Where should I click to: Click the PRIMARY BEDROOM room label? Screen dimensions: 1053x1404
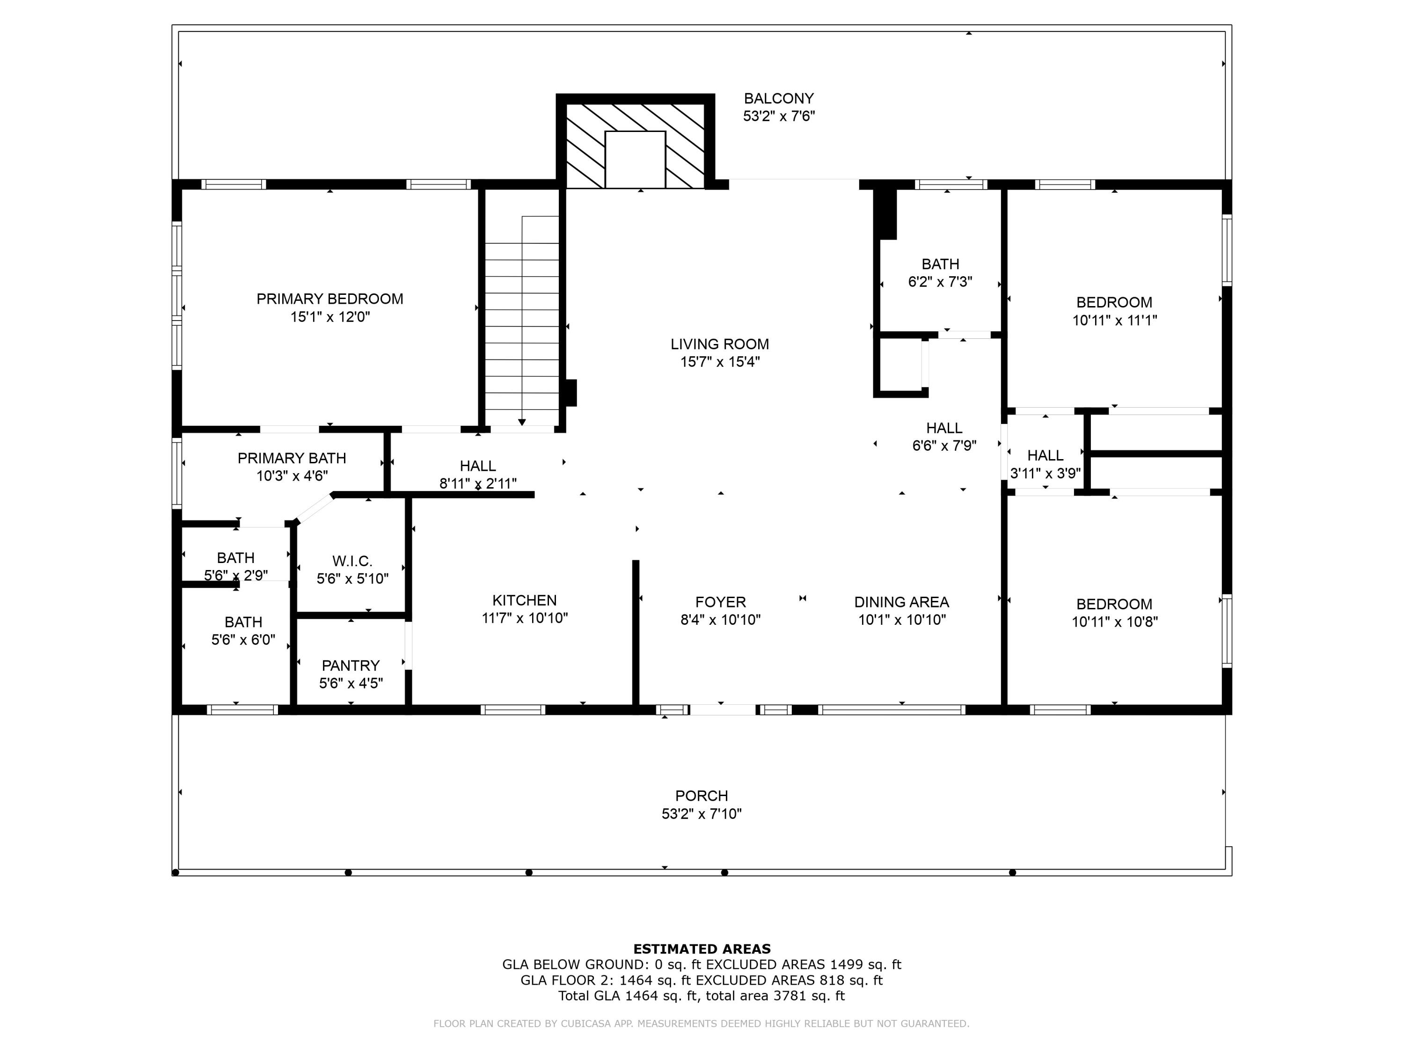tap(329, 299)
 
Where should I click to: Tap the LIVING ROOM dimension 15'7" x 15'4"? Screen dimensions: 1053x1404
tap(720, 362)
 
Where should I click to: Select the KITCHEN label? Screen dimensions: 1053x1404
tap(524, 600)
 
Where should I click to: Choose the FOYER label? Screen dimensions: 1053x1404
tap(720, 602)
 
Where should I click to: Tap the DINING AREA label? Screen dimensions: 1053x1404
tap(901, 602)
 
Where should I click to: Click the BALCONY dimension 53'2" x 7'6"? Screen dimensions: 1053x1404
tap(779, 116)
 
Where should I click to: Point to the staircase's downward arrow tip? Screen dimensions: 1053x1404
tap(522, 423)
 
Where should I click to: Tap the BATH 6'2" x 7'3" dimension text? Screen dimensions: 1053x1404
tap(940, 282)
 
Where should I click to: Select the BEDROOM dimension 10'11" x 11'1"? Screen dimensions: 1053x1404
tap(1115, 321)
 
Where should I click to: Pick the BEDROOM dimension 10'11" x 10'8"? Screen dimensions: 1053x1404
tap(1115, 622)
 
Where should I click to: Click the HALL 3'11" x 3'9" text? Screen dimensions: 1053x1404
tap(1045, 473)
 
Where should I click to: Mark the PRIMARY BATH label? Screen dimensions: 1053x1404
tap(292, 458)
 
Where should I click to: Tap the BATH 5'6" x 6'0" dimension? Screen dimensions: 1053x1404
tap(243, 640)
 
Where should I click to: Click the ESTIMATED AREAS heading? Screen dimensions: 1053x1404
tap(702, 949)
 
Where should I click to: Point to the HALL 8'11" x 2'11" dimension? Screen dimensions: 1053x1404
tap(478, 483)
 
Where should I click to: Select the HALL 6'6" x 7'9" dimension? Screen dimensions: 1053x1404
tap(944, 446)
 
